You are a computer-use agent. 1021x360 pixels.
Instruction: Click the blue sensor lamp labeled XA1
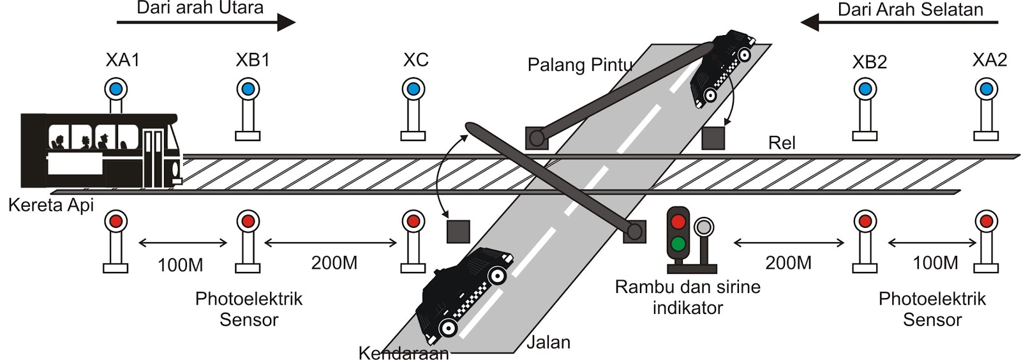(116, 88)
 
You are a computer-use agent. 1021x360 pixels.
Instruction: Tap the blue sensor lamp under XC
(413, 88)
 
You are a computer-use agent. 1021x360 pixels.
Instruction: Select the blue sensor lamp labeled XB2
(865, 89)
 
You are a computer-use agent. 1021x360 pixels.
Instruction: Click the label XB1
(253, 60)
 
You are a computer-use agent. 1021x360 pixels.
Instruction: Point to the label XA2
(989, 60)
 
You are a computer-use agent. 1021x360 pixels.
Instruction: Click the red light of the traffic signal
(678, 222)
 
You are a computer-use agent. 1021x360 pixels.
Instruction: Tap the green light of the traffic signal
(678, 244)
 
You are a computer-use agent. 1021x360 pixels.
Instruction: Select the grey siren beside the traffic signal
(704, 227)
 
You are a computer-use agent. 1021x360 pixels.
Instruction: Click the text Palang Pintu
(579, 65)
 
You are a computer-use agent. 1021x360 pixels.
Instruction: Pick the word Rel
(782, 143)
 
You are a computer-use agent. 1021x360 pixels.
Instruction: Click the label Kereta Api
(51, 206)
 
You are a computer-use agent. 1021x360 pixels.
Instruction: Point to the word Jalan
(548, 343)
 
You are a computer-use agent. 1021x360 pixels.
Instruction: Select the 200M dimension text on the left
(334, 263)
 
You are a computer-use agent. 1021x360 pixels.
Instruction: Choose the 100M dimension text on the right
(935, 263)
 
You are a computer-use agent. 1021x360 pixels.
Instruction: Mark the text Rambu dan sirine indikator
(687, 297)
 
